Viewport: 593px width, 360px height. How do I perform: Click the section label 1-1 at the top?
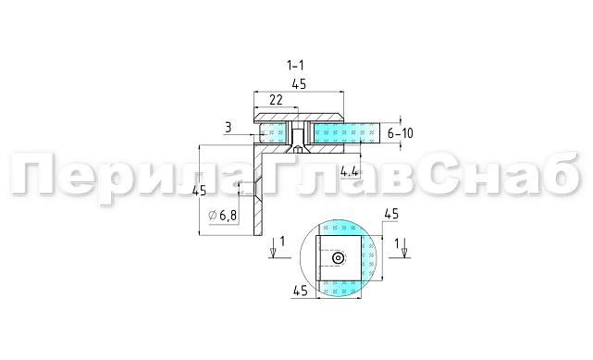coord(295,66)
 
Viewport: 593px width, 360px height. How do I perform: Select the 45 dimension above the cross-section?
coord(299,84)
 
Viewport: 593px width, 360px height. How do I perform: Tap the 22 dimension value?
coord(276,100)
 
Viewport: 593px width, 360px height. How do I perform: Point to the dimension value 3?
coord(229,128)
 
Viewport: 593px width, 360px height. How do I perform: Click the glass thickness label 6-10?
coord(401,133)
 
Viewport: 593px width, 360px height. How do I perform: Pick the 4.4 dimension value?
coord(350,172)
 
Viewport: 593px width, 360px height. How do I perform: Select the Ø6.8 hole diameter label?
coord(223,216)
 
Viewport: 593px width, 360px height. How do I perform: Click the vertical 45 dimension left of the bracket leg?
coord(199,191)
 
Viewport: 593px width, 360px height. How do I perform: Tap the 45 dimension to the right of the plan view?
coord(391,215)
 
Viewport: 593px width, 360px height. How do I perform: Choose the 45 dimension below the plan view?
coord(301,291)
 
